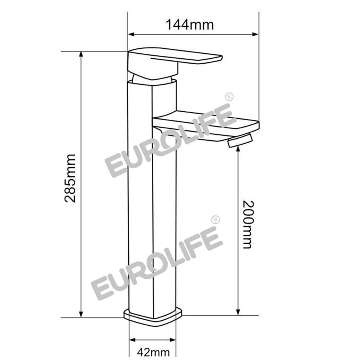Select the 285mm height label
tap(70, 178)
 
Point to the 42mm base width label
tap(153, 353)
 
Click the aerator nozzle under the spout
tap(240, 140)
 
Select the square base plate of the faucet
tap(153, 317)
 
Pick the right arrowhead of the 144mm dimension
tap(255, 34)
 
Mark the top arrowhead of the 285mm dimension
tap(81, 54)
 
